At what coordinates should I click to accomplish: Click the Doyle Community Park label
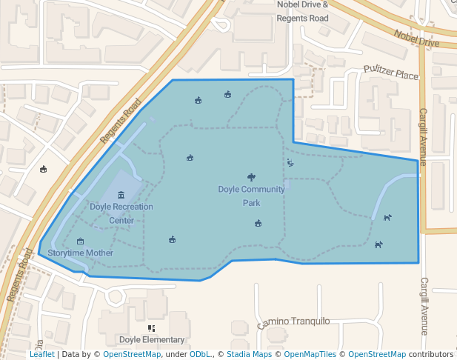tap(251, 196)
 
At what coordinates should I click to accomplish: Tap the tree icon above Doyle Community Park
tap(251, 177)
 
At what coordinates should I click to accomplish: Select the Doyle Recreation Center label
tap(121, 213)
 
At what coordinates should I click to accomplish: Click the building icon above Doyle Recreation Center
tap(121, 195)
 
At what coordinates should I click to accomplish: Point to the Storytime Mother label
tap(80, 253)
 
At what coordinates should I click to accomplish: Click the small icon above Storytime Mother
tap(80, 241)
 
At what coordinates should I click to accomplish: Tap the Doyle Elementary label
tap(151, 340)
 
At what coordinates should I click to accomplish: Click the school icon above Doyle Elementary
tap(151, 327)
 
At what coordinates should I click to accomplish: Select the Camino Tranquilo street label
tap(293, 322)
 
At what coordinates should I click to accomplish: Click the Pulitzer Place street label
tap(391, 74)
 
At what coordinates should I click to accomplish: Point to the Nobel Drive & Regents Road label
tap(302, 11)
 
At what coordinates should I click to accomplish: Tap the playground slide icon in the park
tap(290, 162)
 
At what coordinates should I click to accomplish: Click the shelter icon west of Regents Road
tap(43, 169)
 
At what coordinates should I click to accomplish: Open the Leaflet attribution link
tap(42, 354)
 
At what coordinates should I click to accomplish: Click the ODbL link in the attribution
tap(200, 354)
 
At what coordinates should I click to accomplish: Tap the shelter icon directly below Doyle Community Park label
tap(258, 224)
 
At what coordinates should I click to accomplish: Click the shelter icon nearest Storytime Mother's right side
tap(172, 239)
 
